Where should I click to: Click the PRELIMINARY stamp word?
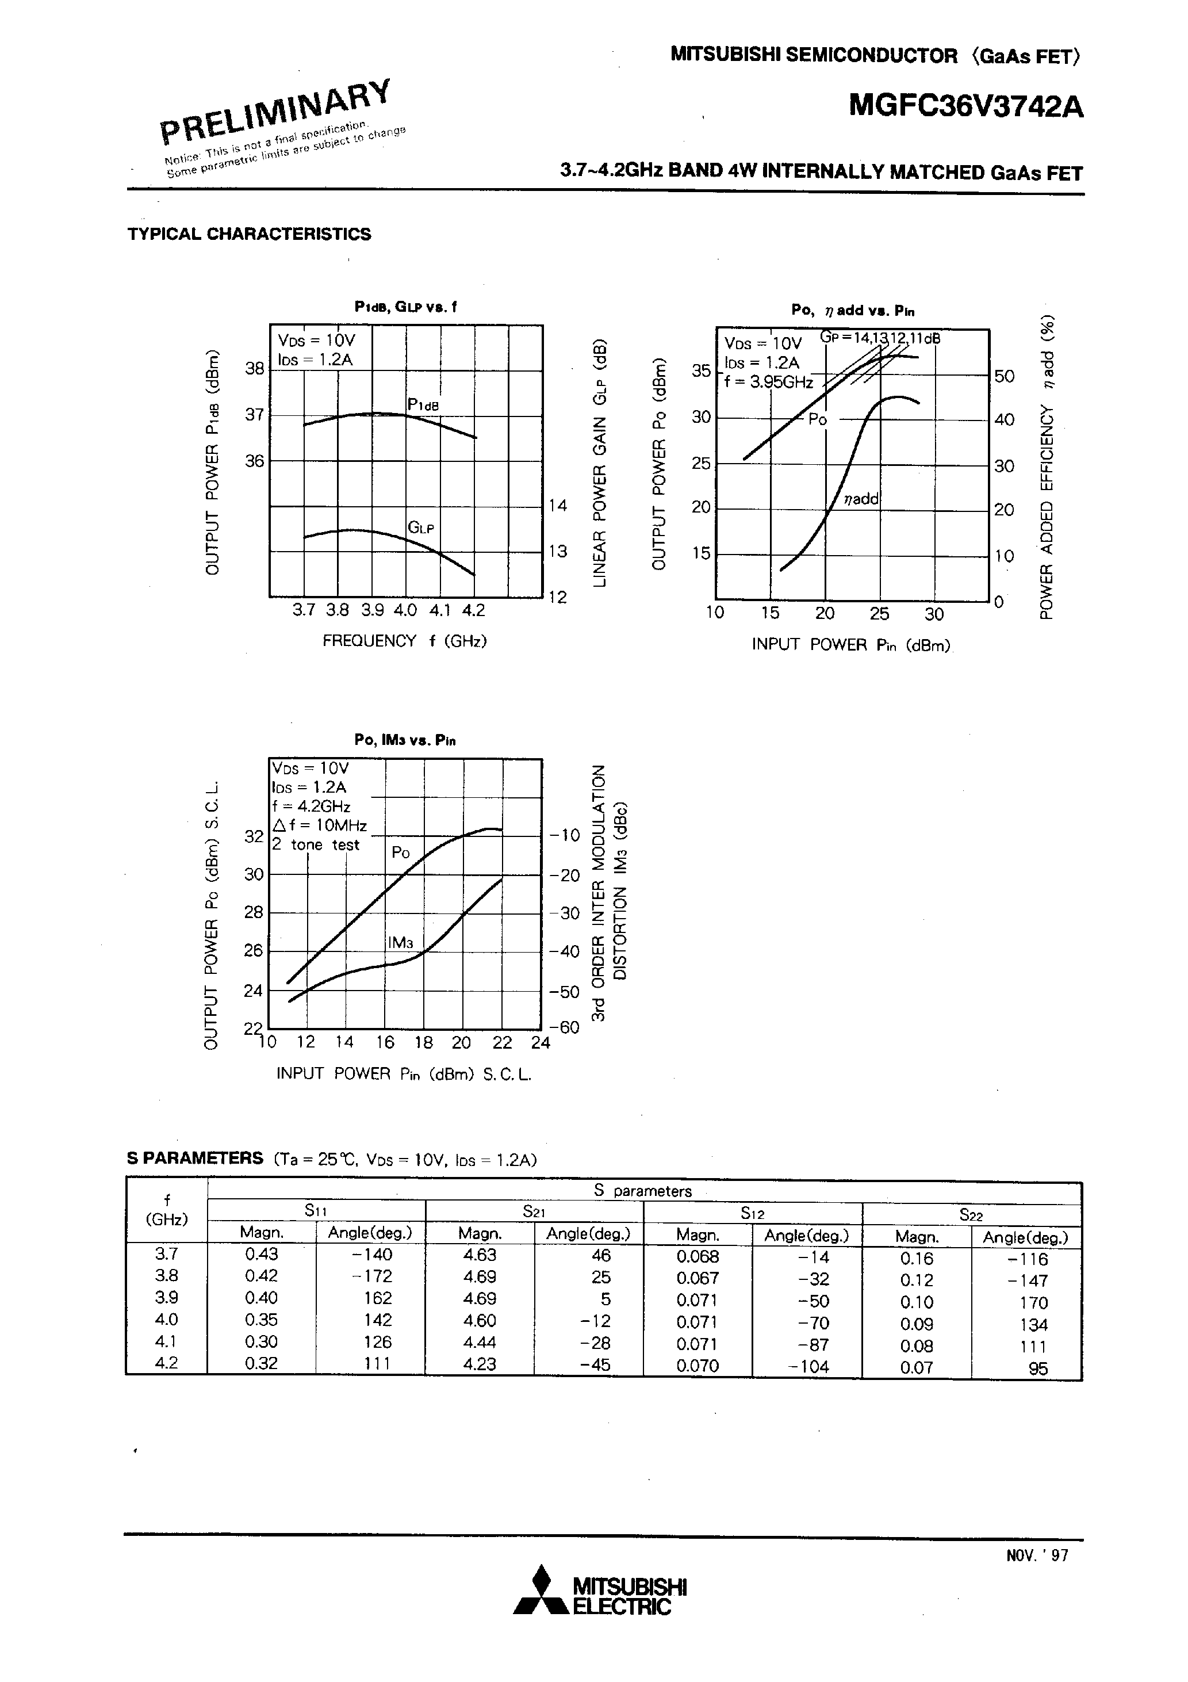275,110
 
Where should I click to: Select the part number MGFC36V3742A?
965,108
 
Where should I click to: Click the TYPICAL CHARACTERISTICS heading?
249,235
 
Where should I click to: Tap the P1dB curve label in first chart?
423,404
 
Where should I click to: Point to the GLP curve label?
421,527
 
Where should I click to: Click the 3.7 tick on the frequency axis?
303,610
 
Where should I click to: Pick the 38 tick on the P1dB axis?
254,369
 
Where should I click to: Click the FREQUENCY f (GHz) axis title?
405,641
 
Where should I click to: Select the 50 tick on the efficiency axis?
1004,377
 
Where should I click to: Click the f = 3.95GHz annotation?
768,382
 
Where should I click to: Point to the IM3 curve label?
401,942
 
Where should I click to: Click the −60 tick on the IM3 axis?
564,1027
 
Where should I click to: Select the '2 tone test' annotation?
316,844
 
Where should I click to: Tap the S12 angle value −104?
808,1366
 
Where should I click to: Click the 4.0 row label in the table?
167,1320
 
